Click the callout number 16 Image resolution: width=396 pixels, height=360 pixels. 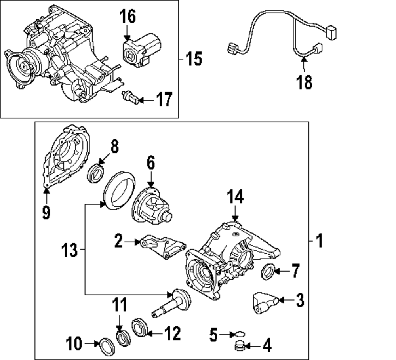[x=128, y=17]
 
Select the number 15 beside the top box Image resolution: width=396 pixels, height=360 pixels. [x=194, y=59]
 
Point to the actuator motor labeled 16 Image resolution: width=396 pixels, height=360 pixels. [x=141, y=50]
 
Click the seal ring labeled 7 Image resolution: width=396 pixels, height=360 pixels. [x=268, y=272]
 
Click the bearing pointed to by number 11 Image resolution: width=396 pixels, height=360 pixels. [x=122, y=337]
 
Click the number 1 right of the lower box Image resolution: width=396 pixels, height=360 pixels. [x=319, y=240]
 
